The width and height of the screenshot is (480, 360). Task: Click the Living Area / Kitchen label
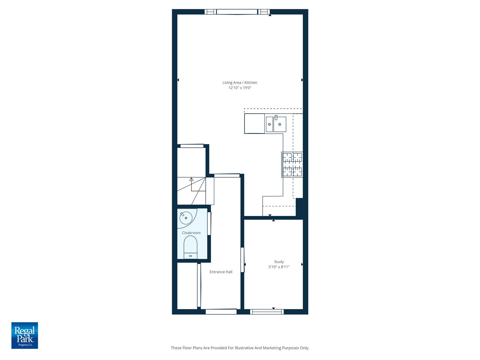(240, 83)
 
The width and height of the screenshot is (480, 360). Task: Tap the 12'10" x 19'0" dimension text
(240, 88)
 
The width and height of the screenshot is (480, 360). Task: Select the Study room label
(279, 262)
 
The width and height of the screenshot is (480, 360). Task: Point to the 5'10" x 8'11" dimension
(279, 267)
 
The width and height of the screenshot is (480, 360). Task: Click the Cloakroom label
(191, 233)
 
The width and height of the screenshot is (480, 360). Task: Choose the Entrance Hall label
(221, 272)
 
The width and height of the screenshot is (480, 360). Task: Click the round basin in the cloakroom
(186, 218)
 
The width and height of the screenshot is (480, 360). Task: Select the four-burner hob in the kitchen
(292, 164)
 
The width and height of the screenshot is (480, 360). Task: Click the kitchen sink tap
(276, 117)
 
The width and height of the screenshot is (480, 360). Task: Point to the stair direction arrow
(191, 179)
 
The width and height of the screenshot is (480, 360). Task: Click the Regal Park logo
(25, 335)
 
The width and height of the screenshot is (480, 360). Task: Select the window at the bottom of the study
(267, 312)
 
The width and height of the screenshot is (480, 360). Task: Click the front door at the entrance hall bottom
(221, 312)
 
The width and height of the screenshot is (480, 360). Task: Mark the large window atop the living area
(237, 12)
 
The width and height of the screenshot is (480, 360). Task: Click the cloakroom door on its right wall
(209, 223)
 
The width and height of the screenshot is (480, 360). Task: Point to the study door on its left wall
(243, 260)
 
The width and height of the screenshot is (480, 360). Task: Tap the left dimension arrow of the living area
(178, 80)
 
